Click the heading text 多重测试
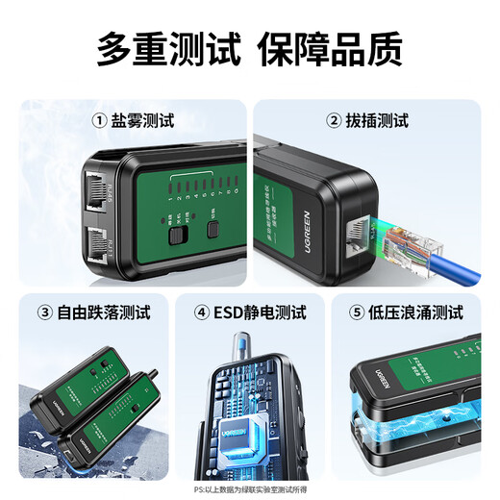coord(168,49)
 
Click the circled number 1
coord(98,121)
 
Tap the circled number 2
coord(333,121)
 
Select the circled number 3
coord(44,312)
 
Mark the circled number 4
coord(202,312)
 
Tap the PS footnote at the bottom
coord(249,488)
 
